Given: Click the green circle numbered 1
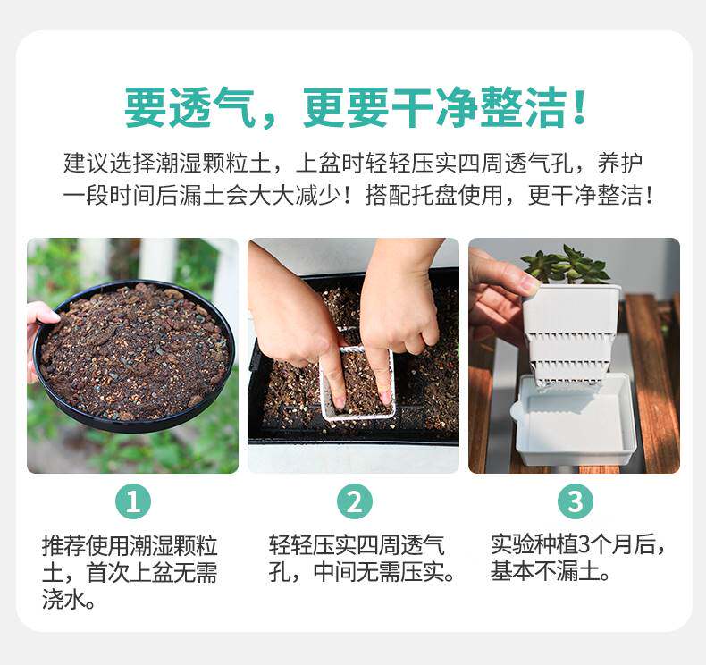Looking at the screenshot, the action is tap(133, 501).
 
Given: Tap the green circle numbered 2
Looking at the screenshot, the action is tap(355, 501).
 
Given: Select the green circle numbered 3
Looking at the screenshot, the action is tap(576, 501).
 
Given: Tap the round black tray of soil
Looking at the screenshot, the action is tap(135, 356).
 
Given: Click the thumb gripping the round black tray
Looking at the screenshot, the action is tap(44, 314).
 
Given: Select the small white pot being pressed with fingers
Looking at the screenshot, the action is tap(358, 383).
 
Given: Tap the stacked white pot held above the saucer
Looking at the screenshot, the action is tap(569, 335).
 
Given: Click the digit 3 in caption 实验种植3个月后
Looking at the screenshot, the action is tap(584, 544).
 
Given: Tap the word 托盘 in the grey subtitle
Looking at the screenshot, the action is tap(434, 195).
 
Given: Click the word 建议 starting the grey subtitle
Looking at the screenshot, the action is tap(86, 163).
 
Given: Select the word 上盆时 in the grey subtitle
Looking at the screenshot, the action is tap(330, 163).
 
